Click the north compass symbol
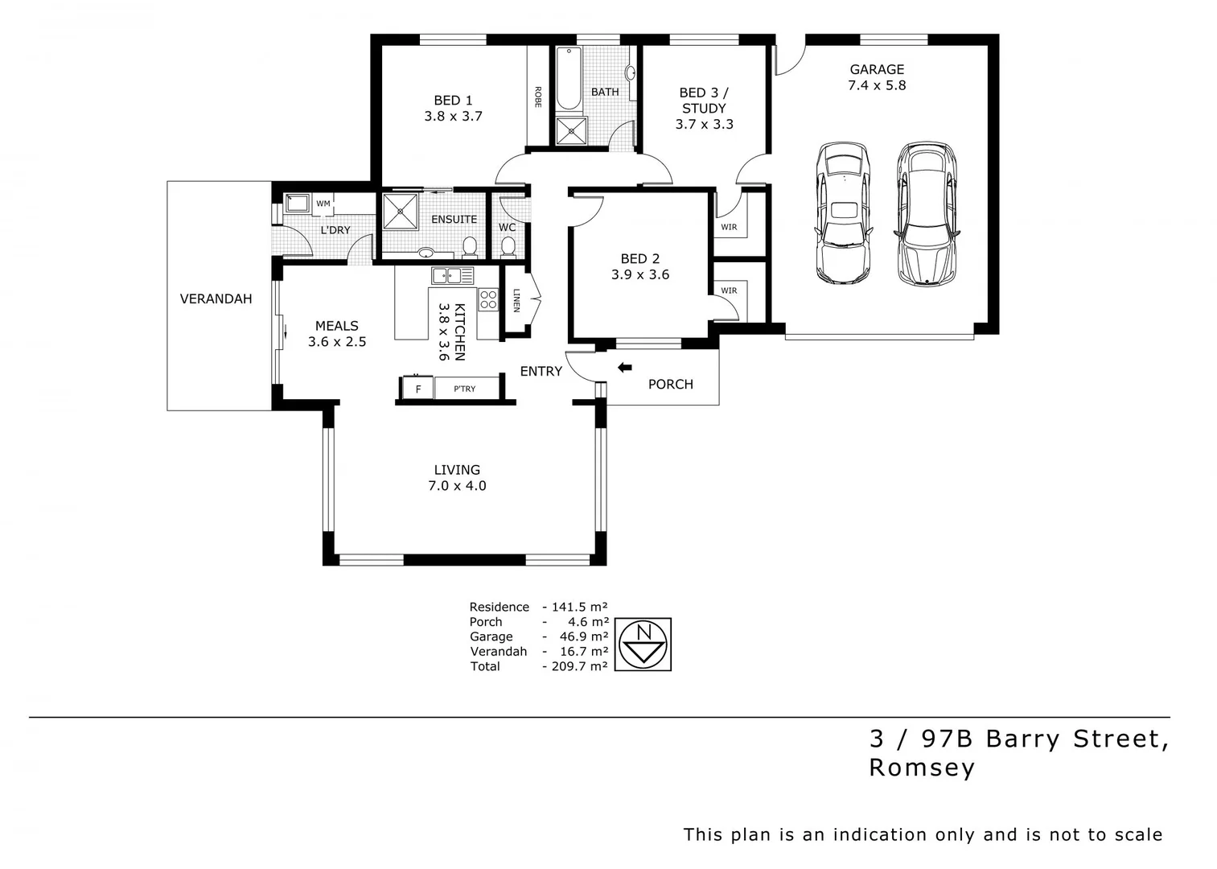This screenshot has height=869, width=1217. click(643, 645)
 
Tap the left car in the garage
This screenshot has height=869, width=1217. click(842, 213)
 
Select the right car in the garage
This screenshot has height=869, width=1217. click(926, 214)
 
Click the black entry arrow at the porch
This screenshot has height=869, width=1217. click(624, 368)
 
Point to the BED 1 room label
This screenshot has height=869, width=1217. click(453, 101)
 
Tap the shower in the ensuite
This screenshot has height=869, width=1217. click(400, 211)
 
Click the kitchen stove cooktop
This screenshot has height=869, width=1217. click(488, 300)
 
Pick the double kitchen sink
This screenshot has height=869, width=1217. click(452, 276)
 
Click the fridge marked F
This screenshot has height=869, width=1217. click(417, 389)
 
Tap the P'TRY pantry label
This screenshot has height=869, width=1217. click(464, 389)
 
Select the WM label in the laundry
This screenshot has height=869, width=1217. click(323, 204)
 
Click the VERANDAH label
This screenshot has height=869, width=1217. click(216, 299)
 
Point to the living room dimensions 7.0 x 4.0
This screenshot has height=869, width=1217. click(457, 486)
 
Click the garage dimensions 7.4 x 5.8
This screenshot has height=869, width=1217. click(877, 85)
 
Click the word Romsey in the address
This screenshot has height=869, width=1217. click(922, 768)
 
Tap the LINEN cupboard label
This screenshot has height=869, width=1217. click(516, 300)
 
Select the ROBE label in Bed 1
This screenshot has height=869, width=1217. click(537, 97)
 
